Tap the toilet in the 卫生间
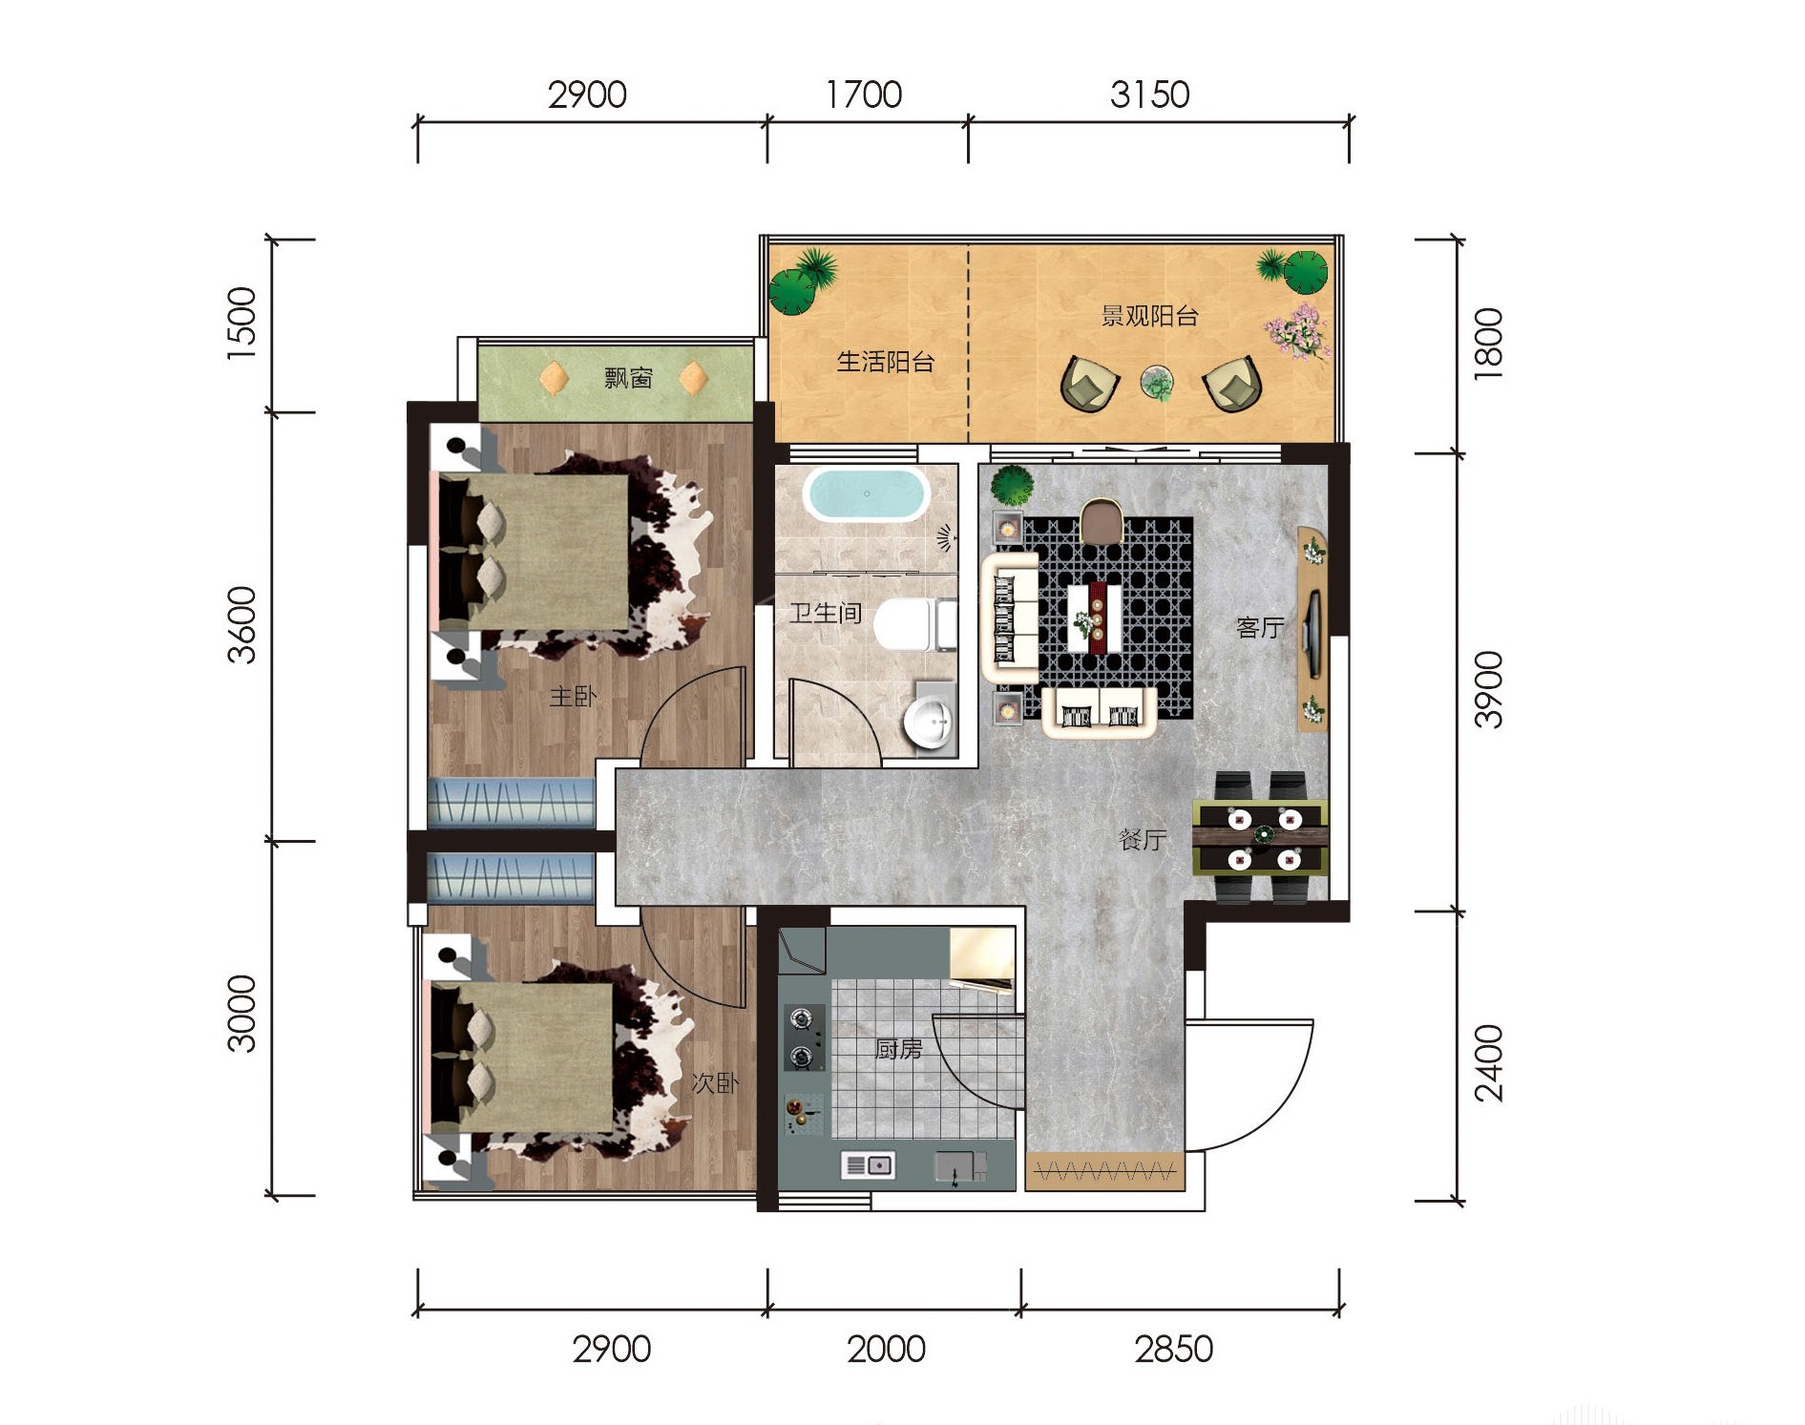[915, 625]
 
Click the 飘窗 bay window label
[628, 378]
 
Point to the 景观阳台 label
[1149, 316]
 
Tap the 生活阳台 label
[885, 362]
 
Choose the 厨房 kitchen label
[898, 1050]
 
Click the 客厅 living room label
[1260, 627]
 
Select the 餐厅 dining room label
[1143, 840]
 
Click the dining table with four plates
[1260, 837]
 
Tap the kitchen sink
[868, 1164]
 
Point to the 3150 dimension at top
[1149, 94]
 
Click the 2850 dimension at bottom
[1173, 1349]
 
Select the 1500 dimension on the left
[242, 323]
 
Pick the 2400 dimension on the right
[1489, 1063]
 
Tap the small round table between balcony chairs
[1158, 384]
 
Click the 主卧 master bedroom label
[573, 697]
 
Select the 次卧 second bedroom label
[715, 1083]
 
